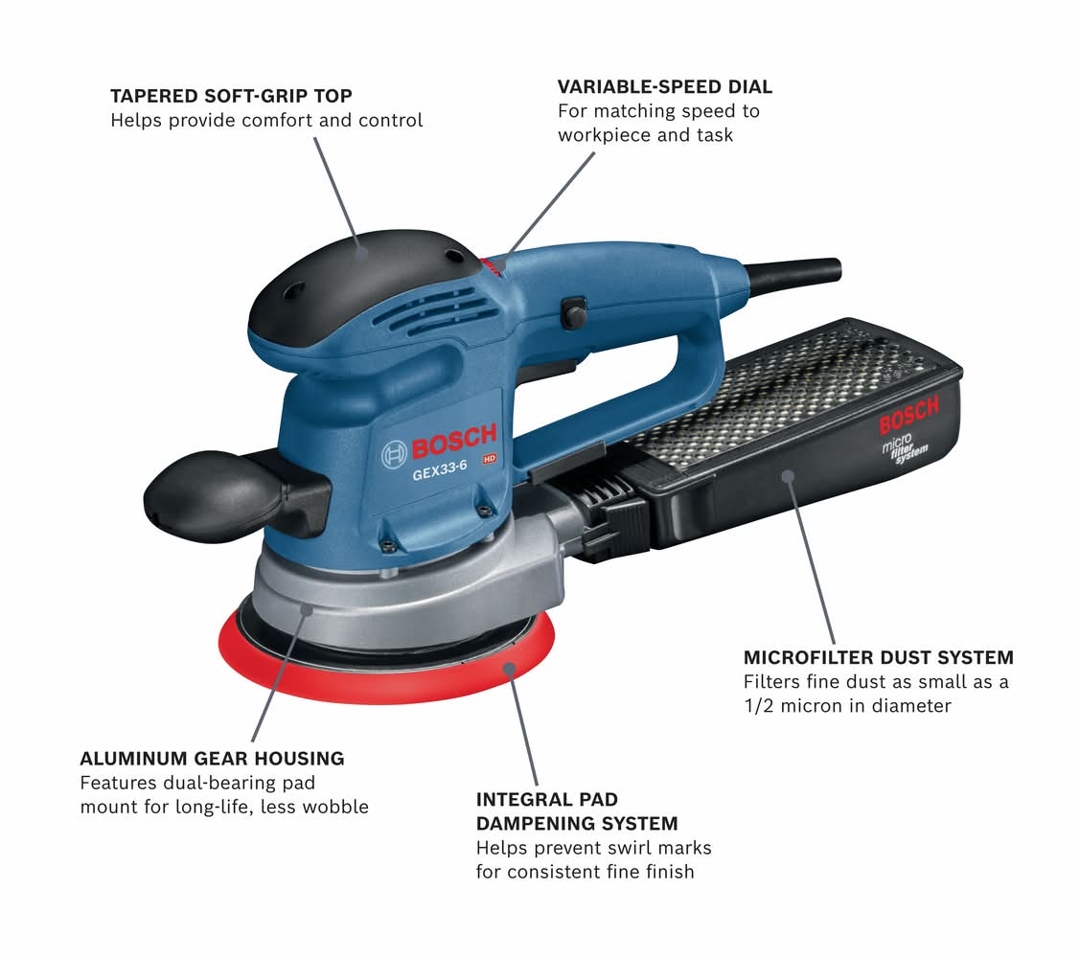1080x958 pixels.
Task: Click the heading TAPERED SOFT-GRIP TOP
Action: point(232,96)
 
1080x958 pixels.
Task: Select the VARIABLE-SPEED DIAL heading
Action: point(665,87)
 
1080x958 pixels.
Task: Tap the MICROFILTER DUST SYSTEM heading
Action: point(878,658)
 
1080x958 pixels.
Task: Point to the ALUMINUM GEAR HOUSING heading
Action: point(212,759)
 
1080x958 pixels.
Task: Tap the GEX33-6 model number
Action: point(440,471)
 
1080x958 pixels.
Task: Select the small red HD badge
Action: point(489,459)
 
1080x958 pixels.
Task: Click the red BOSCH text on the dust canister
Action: point(909,416)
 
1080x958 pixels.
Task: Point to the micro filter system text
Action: point(905,449)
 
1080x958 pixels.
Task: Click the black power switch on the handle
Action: point(573,313)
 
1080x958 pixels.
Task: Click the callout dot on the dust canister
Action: point(788,475)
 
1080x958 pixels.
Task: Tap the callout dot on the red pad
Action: point(509,668)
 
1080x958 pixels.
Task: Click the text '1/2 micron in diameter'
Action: point(847,706)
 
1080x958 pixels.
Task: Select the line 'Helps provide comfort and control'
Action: point(266,121)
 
